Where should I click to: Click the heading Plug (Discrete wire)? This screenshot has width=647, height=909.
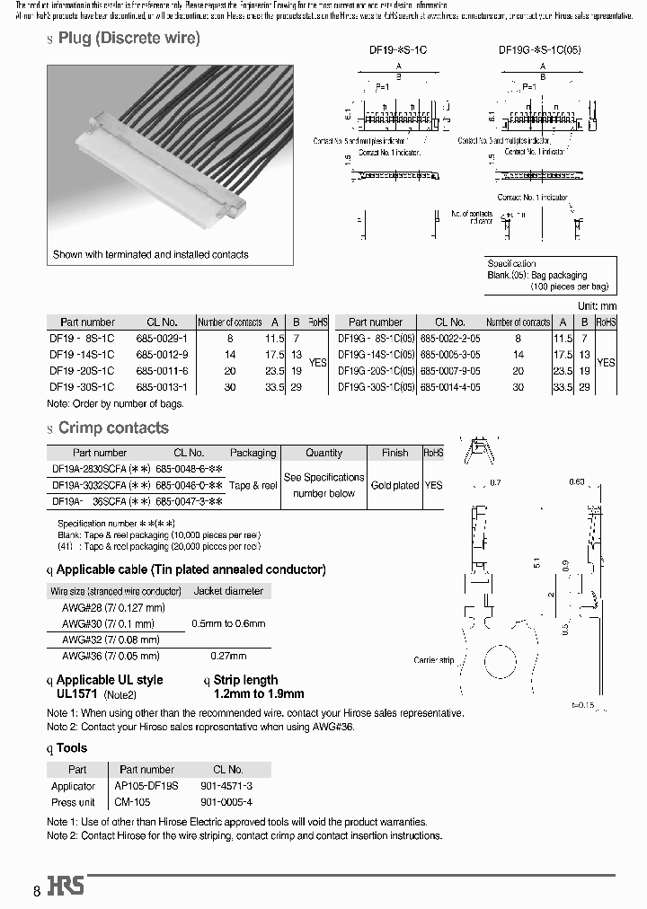(129, 38)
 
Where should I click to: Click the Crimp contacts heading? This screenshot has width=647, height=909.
(113, 428)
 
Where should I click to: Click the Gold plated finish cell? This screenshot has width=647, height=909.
(394, 485)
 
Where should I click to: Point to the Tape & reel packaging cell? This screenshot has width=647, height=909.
(253, 485)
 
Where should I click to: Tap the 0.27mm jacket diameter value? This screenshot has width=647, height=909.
(228, 656)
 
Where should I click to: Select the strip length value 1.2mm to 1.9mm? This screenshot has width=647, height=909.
(259, 693)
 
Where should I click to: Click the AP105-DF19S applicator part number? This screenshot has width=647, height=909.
(146, 786)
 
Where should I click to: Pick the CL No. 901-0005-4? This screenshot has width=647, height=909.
(228, 802)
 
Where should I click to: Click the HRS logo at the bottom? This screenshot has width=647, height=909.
(66, 887)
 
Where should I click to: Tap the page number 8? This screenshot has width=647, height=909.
(37, 891)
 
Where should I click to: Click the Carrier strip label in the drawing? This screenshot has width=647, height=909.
(435, 660)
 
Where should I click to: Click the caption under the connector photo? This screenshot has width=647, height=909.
(150, 254)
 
